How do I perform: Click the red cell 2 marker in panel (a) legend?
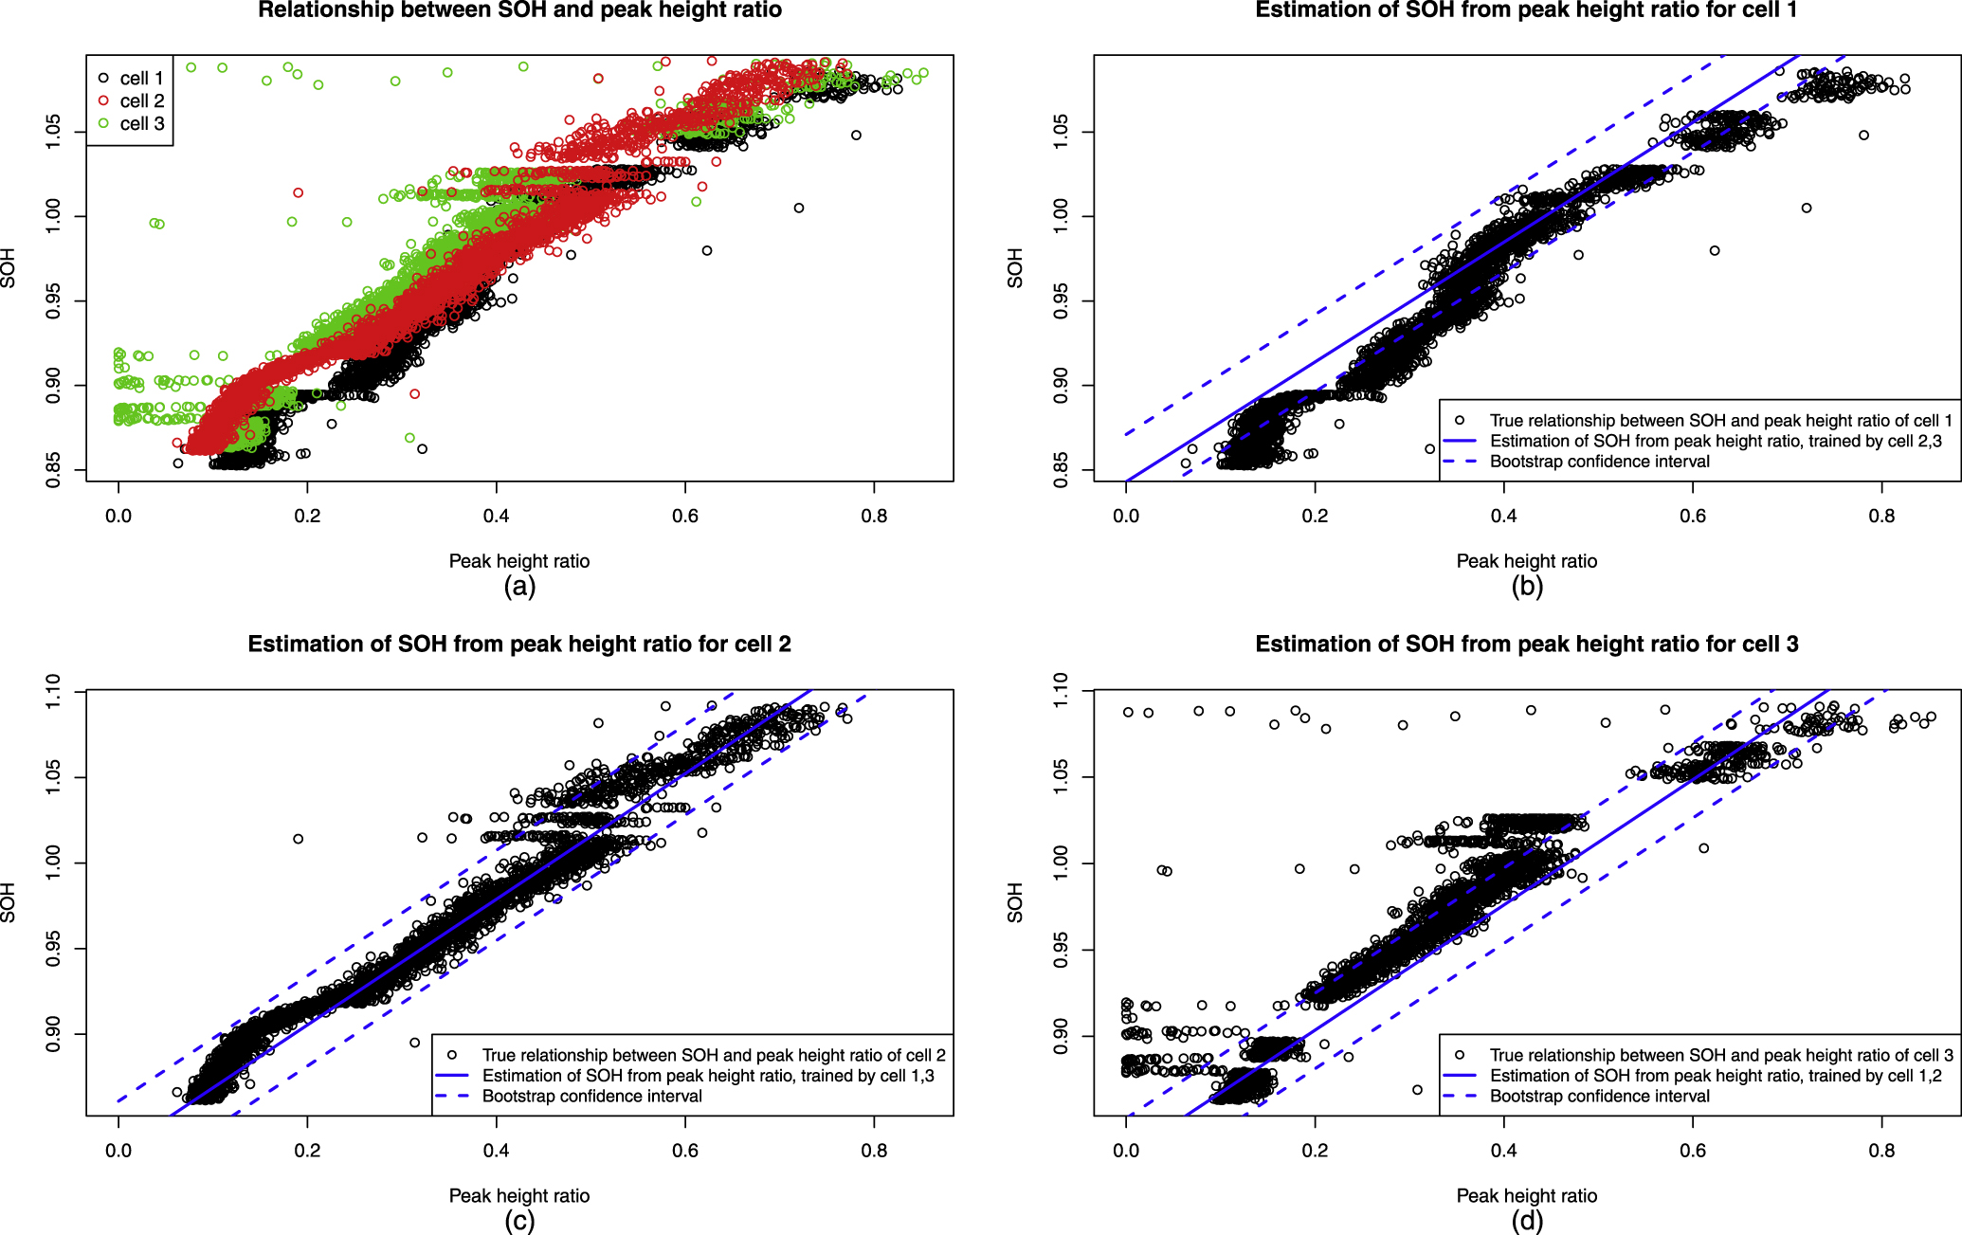point(103,100)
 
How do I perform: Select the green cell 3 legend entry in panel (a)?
point(141,124)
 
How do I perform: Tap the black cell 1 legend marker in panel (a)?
point(103,78)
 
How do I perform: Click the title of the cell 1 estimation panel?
point(1526,10)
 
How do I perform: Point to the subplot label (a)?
point(519,587)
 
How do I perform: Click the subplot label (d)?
point(1527,1221)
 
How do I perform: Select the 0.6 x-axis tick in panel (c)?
point(684,1151)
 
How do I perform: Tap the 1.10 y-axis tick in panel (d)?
point(1062,691)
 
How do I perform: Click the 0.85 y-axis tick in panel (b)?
point(1062,470)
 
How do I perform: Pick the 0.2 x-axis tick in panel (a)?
point(307,517)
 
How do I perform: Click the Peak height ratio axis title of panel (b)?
point(1526,561)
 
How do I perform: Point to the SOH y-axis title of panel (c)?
point(9,902)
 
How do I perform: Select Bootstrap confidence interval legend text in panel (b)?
point(1599,462)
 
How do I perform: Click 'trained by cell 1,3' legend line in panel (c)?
point(707,1076)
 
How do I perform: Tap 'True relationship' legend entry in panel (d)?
point(1720,1055)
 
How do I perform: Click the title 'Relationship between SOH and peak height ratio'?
point(519,10)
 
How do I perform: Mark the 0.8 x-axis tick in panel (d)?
point(1881,1151)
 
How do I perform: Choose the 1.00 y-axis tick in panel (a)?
point(54,216)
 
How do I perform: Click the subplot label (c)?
point(519,1221)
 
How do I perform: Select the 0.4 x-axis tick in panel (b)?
point(1503,517)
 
